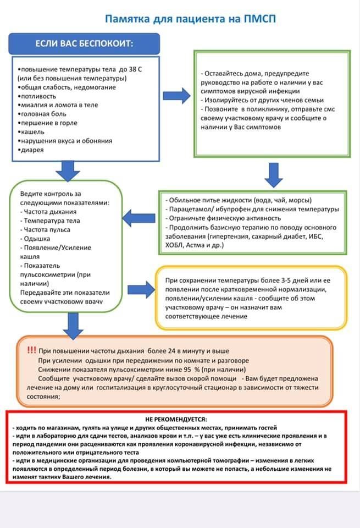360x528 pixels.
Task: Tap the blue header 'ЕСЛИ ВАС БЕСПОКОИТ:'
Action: (84, 43)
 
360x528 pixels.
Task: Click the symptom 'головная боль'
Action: (42, 113)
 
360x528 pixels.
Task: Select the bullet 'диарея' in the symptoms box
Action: (32, 149)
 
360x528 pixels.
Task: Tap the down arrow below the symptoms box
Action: (69, 170)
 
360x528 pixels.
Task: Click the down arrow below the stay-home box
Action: (273, 174)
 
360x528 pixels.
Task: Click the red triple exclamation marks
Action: (31, 350)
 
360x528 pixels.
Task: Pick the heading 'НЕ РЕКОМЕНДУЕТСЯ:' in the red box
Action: (180, 419)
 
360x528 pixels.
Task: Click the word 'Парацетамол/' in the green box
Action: (189, 209)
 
